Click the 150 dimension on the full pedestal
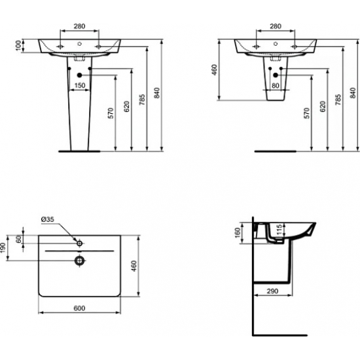pyautogui.click(x=79, y=85)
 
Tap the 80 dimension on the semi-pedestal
pyautogui.click(x=275, y=85)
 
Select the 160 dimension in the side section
pyautogui.click(x=238, y=233)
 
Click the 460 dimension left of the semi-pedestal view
pyautogui.click(x=215, y=69)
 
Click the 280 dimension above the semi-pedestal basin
pyautogui.click(x=275, y=27)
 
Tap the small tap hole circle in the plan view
pyautogui.click(x=79, y=243)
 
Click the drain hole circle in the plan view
pyautogui.click(x=79, y=260)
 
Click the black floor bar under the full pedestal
pyautogui.click(x=79, y=149)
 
